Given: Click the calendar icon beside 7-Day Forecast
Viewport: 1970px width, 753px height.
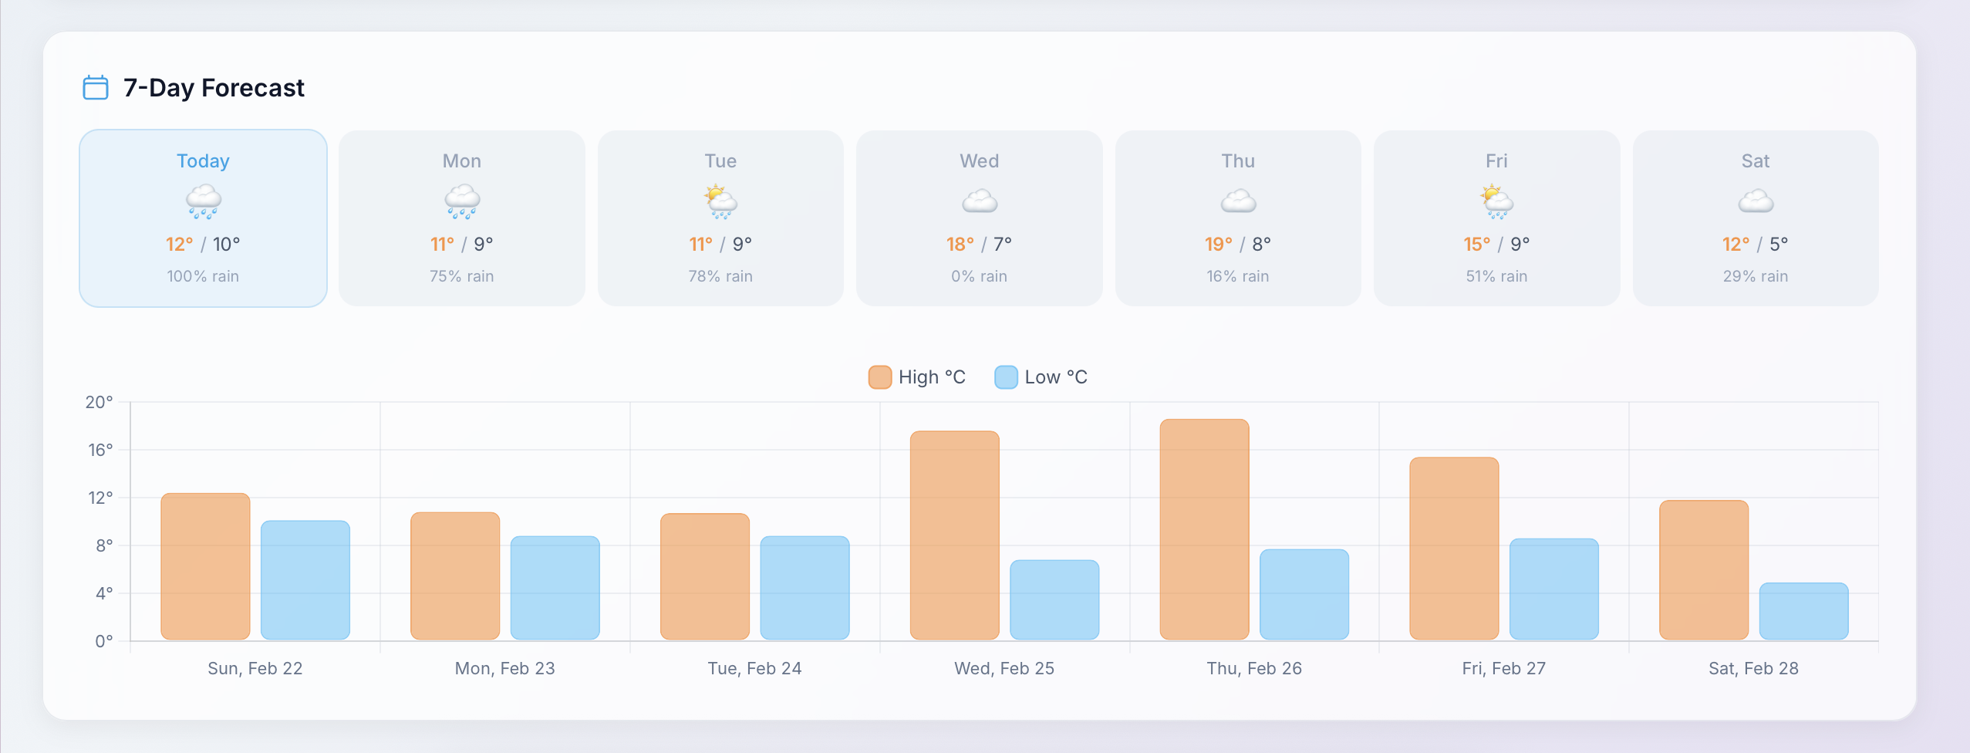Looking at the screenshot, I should point(96,88).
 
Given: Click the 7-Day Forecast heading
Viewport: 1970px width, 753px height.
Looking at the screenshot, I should point(214,88).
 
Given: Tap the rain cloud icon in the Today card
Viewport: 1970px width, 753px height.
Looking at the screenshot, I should point(204,201).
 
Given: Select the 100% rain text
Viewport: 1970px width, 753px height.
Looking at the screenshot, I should point(203,276).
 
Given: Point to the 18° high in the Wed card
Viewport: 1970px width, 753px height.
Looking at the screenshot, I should point(960,245).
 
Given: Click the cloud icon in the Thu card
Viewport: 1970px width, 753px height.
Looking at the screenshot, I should point(1238,201).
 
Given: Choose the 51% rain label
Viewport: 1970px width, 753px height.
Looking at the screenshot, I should point(1496,276).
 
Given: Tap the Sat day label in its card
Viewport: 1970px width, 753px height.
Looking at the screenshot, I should point(1755,161).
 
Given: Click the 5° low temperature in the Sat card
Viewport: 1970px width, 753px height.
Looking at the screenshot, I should point(1778,245).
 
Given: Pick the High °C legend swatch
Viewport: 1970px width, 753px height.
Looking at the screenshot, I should point(880,377).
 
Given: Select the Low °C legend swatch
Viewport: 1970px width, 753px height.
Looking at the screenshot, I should point(1006,377).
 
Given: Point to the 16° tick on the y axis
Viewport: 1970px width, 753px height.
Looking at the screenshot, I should point(100,450).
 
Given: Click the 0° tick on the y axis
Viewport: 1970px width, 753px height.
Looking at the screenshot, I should point(104,641).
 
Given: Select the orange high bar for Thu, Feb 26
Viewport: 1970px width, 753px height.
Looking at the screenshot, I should point(1204,529).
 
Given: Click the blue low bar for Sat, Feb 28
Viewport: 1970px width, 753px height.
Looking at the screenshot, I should point(1803,611).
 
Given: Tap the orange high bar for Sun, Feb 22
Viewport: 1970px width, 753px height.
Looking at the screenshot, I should point(205,566).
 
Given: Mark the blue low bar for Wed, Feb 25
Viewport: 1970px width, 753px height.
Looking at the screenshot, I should point(1054,599).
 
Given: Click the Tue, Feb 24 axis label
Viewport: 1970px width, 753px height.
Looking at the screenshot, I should point(754,668).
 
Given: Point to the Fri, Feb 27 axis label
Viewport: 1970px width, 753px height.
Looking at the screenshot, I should point(1503,668).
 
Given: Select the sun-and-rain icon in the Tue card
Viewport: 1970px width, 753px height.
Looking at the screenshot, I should point(721,201).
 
